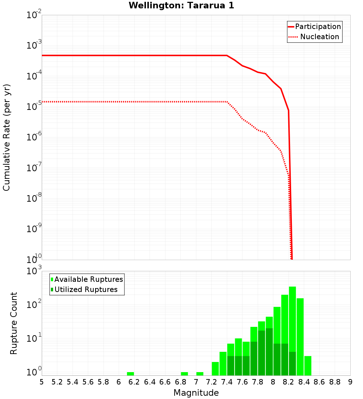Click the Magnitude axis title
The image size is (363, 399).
click(x=196, y=393)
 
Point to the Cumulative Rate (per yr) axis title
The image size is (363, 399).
click(x=7, y=138)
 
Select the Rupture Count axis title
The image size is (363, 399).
click(x=14, y=323)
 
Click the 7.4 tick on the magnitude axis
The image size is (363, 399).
click(x=227, y=382)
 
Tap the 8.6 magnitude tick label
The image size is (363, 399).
click(x=319, y=382)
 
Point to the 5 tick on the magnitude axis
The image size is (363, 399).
click(x=42, y=382)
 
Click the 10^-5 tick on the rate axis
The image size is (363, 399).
click(x=34, y=107)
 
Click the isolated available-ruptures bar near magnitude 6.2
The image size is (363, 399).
click(x=130, y=374)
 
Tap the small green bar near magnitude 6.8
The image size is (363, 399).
click(x=184, y=374)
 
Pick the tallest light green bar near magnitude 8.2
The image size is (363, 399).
click(x=293, y=319)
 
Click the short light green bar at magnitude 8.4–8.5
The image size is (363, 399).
click(x=308, y=366)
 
